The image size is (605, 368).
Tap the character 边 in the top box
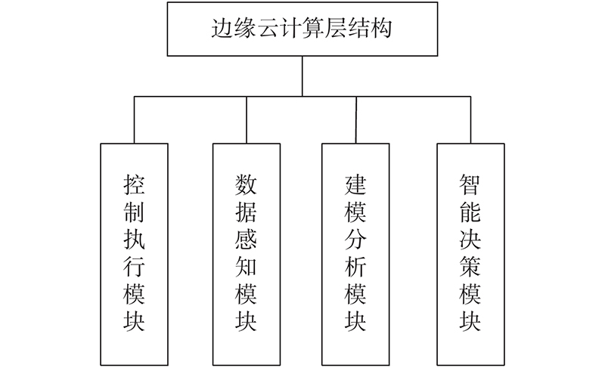click(222, 28)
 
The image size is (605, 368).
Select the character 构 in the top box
click(381, 28)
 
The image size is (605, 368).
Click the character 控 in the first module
click(135, 184)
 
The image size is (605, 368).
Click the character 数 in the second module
click(247, 184)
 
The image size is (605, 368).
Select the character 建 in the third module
click(355, 184)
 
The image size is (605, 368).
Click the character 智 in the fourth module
click(470, 184)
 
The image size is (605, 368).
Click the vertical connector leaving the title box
click(302, 76)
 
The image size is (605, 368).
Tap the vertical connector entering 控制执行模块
click(135, 120)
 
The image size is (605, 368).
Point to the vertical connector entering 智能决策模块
click(470, 120)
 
